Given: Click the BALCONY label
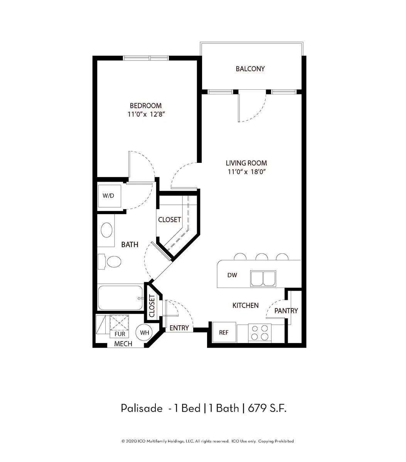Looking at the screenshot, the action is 250,69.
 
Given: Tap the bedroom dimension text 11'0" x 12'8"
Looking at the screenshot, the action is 146,114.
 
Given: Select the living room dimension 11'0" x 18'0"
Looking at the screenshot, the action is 247,171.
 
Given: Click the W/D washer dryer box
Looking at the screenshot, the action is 110,196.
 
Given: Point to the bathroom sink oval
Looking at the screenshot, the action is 106,230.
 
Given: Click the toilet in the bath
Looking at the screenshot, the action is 110,261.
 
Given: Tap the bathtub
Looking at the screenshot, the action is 120,298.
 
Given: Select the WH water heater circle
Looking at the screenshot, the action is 144,332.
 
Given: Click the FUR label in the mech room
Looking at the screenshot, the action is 120,334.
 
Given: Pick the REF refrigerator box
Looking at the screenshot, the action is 224,332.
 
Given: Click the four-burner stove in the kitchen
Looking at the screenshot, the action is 260,333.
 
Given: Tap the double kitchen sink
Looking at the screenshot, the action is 263,278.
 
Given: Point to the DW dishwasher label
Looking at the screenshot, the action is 232,275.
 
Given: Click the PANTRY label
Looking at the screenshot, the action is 286,311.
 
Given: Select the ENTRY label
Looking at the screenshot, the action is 179,328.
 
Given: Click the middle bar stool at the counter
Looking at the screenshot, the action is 262,257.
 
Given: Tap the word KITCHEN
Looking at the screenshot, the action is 246,305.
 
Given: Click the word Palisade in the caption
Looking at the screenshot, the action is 142,408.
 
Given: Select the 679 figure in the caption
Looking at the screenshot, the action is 257,408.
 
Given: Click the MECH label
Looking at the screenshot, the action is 123,344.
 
